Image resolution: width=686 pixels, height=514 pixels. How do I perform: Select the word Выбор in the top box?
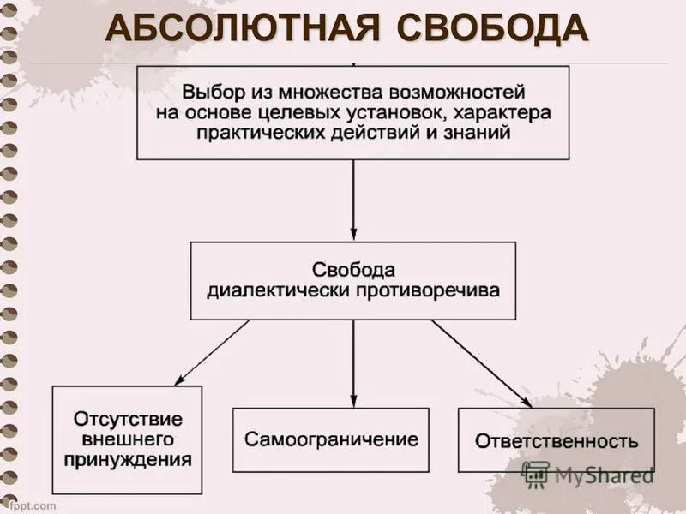208,91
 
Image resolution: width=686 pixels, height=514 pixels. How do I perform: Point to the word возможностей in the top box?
463,91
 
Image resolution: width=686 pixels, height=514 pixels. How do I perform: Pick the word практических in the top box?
257,134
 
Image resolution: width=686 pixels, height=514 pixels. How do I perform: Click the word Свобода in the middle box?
352,269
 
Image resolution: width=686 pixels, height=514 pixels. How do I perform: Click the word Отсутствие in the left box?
127,420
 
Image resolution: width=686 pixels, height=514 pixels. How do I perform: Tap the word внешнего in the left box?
127,439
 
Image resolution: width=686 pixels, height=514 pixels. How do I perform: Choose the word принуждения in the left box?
127,459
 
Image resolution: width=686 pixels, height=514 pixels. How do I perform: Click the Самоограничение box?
331,439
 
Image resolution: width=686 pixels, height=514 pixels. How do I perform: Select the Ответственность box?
556,441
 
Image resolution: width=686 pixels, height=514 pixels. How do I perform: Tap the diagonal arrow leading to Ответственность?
480,362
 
